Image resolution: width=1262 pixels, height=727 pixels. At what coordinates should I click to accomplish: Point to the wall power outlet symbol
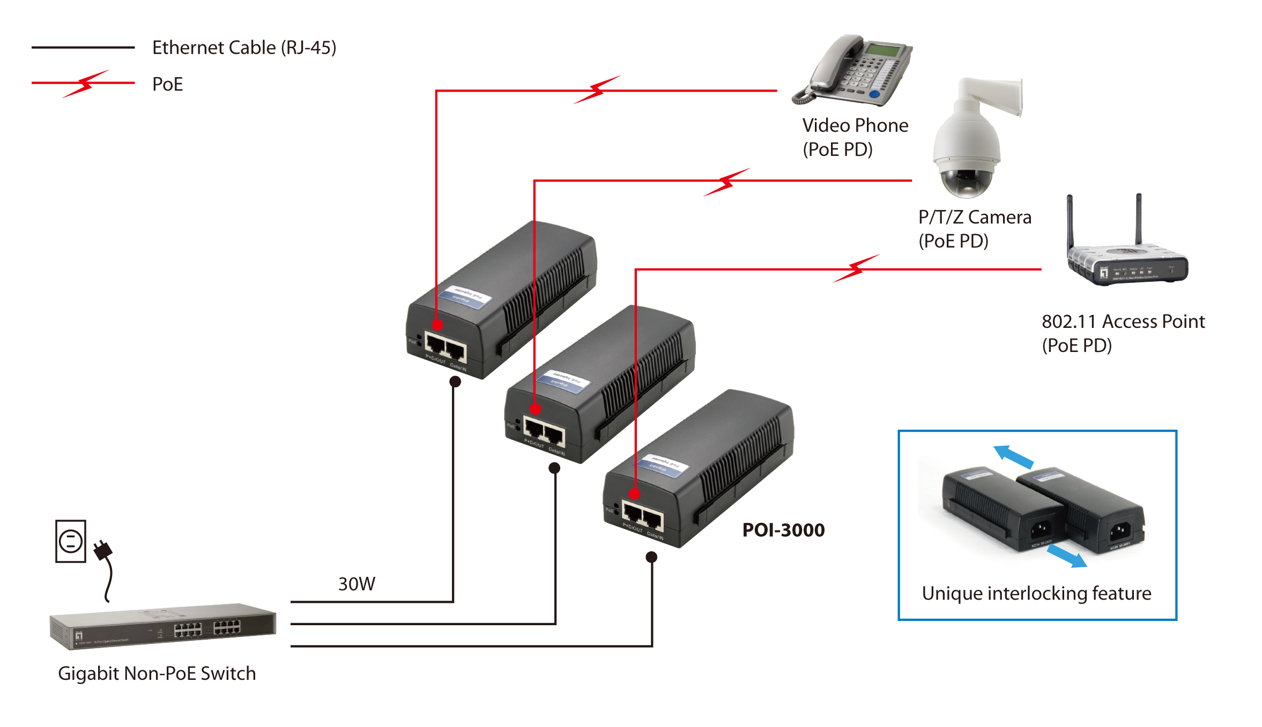71,541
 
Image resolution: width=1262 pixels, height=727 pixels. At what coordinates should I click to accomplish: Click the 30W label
357,583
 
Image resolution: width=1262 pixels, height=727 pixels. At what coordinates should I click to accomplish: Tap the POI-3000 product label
783,530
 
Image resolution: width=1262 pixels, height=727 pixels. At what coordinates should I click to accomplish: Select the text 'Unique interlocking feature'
1036,593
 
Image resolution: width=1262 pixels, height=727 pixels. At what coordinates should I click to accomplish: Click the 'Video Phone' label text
855,125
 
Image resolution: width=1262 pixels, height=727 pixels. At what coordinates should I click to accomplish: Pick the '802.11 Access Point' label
1123,321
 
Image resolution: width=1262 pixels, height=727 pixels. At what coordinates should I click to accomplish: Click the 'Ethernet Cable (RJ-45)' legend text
244,48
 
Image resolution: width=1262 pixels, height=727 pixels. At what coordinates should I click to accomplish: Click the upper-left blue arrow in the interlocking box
1013,456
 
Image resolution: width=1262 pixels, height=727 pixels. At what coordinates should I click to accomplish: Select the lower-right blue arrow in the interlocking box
1067,556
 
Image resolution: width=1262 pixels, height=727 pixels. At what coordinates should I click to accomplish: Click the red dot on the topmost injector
437,325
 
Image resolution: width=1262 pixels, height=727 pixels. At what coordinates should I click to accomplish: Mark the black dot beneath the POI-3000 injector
651,557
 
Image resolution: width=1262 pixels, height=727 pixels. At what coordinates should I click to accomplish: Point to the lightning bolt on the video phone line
597,90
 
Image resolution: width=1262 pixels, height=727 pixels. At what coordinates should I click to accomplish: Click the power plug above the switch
102,550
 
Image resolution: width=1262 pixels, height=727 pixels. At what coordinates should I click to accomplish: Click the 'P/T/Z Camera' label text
975,217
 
